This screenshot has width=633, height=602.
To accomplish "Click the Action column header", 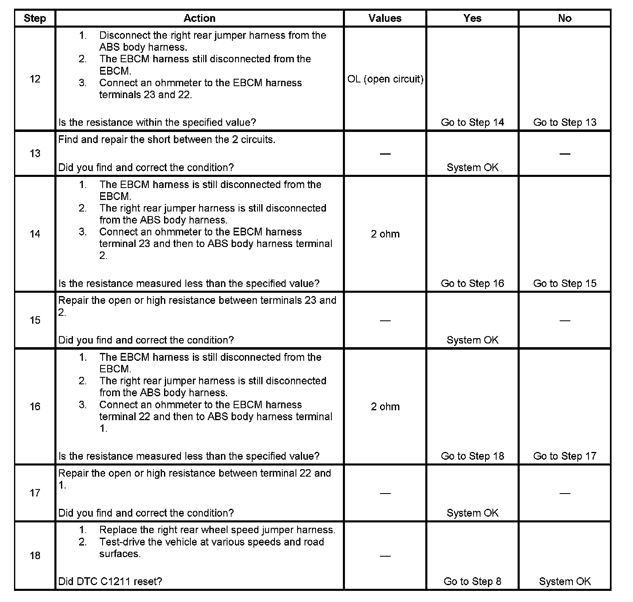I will (199, 18).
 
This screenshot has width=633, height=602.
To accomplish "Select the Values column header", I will (385, 18).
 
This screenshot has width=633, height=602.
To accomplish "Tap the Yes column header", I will (472, 18).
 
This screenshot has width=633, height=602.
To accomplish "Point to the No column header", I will (565, 18).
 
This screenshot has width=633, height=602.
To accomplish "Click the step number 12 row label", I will (35, 79).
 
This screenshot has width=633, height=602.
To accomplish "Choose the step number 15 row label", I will (35, 320).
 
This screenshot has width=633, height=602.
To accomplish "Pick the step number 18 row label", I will (35, 555).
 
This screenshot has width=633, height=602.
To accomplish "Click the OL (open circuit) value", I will (385, 79).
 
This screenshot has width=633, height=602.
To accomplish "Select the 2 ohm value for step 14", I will (385, 234).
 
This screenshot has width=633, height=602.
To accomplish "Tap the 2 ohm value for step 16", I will (385, 407).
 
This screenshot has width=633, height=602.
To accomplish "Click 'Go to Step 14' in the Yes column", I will (472, 122).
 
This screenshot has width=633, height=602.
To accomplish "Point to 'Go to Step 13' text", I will (565, 122).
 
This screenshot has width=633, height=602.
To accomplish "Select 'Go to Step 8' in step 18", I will (472, 581).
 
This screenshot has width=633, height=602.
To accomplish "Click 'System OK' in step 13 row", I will (472, 167).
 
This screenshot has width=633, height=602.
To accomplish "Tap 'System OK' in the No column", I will (565, 581).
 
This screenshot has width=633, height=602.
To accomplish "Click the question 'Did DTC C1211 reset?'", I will (110, 581).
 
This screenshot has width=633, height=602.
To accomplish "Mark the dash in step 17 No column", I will (565, 493).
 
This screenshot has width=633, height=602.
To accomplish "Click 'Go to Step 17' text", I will (565, 456).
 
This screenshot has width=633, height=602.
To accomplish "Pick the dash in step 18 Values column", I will (385, 556).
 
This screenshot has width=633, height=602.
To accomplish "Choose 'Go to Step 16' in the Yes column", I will (472, 283).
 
